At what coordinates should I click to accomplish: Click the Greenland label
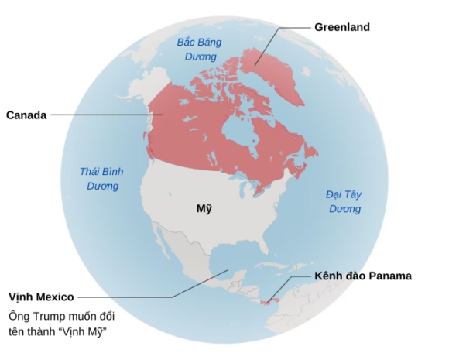341,27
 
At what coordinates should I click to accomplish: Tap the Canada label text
26,115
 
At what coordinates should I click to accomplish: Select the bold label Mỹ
204,209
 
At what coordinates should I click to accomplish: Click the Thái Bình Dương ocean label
101,179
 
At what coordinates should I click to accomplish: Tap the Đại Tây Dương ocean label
344,201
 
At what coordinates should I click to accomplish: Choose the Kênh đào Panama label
363,276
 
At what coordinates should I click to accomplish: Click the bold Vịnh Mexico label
41,297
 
